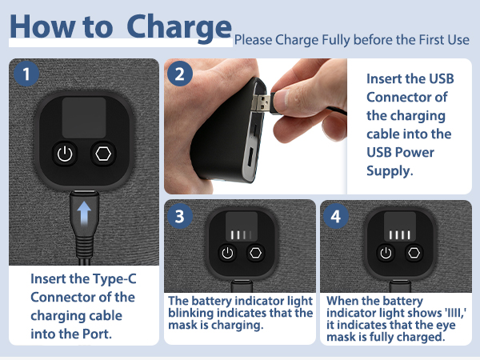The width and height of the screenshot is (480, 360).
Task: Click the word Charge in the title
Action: coord(178,29)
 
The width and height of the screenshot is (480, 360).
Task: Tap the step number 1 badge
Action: coord(26,74)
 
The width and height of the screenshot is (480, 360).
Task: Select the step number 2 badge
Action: coord(180,74)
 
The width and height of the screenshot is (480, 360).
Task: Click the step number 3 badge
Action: coord(180,216)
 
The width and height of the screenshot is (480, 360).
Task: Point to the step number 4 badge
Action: coord(336,216)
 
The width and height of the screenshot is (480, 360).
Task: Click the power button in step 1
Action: coord(65,154)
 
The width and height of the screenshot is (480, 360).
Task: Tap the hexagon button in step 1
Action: coord(103,154)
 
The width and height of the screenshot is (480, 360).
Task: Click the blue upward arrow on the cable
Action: coord(84,214)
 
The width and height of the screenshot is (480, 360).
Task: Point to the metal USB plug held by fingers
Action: coord(261,102)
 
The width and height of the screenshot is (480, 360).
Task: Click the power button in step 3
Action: coord(227,253)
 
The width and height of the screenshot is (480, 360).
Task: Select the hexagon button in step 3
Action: coord(256,253)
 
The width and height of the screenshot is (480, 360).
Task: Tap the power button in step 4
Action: coord(386,253)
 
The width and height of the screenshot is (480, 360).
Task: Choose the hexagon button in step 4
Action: coord(414,253)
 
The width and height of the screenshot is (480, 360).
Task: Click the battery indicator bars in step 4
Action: coord(400,234)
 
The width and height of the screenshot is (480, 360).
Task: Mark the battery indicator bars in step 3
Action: coord(242,234)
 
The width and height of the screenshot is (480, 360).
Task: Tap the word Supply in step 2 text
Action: coord(390,171)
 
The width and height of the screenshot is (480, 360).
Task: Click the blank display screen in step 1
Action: coord(84,118)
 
